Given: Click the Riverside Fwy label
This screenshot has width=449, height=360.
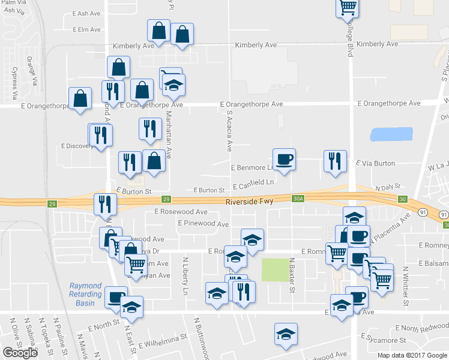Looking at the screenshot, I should pyautogui.click(x=249, y=202).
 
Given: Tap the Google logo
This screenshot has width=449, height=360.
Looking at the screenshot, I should pyautogui.click(x=20, y=352).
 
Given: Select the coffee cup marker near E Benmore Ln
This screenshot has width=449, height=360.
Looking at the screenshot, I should pyautogui.click(x=285, y=159).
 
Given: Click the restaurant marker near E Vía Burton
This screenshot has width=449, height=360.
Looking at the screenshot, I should pyautogui.click(x=334, y=161).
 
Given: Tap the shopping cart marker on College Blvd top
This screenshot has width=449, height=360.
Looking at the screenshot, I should pyautogui.click(x=347, y=7).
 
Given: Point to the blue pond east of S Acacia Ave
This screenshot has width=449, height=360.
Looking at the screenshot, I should pyautogui.click(x=391, y=134).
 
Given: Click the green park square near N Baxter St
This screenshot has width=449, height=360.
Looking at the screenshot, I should pyautogui.click(x=274, y=269).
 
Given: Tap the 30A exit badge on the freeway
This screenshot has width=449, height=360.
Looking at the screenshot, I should pyautogui.click(x=298, y=199).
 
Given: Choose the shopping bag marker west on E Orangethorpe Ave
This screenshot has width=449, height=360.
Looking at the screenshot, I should pyautogui.click(x=80, y=98).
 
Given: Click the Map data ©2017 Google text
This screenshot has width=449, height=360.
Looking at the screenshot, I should pyautogui.click(x=412, y=355).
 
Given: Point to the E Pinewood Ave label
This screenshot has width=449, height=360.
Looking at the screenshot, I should pyautogui.click(x=203, y=224).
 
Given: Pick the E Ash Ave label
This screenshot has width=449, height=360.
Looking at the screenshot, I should pyautogui.click(x=88, y=13).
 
